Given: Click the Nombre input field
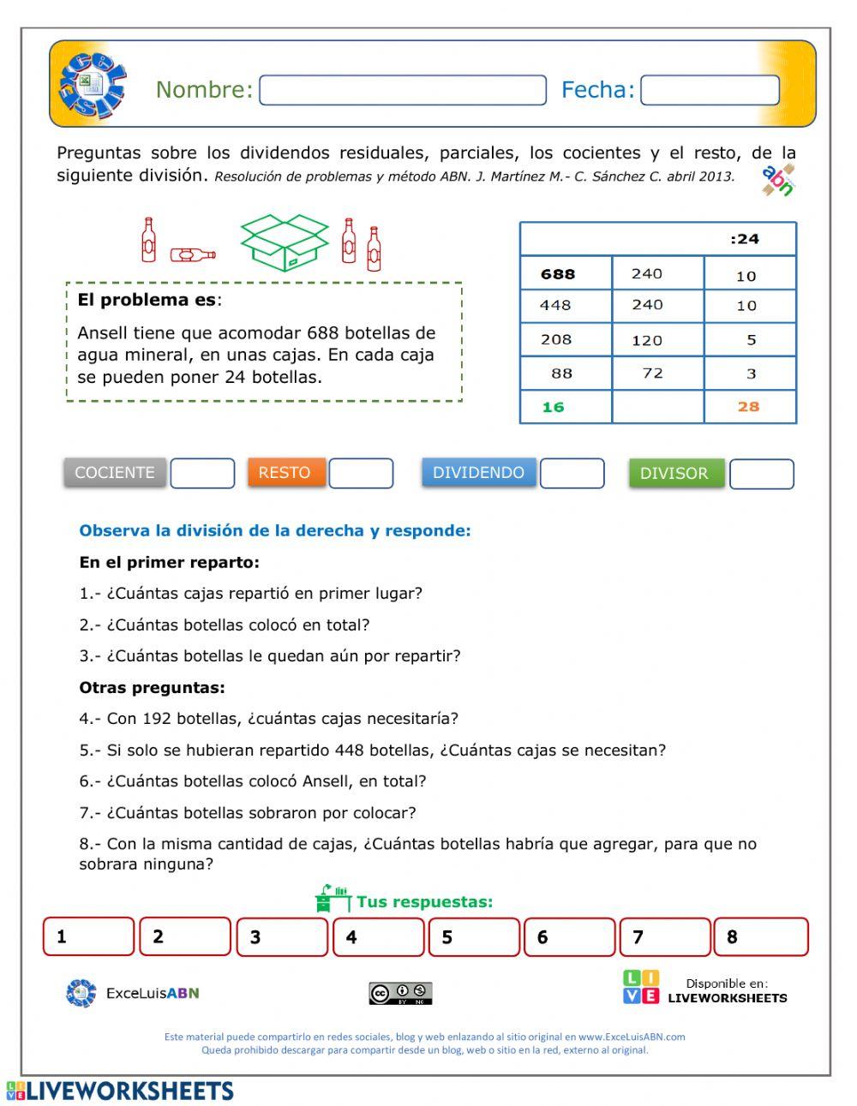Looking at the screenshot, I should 402,90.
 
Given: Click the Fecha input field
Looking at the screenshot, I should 710,90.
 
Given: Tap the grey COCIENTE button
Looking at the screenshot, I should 115,472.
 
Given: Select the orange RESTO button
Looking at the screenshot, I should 285,472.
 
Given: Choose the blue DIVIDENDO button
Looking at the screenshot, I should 478,472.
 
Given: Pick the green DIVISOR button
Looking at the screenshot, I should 675,473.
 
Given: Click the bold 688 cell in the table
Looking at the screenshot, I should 559,274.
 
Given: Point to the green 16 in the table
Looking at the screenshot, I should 554,407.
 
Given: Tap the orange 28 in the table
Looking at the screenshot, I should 748,407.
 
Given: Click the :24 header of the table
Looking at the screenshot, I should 745,239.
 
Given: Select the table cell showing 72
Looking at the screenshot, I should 653,374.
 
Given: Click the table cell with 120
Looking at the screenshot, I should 647,340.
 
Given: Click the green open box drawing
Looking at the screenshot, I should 285,242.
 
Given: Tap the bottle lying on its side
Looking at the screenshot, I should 193,254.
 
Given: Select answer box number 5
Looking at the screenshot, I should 474,936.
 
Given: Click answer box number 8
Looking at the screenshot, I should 761,936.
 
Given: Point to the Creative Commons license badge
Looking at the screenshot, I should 400,994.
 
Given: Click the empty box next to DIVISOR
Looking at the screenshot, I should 761,474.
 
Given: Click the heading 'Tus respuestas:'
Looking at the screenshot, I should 424,901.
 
